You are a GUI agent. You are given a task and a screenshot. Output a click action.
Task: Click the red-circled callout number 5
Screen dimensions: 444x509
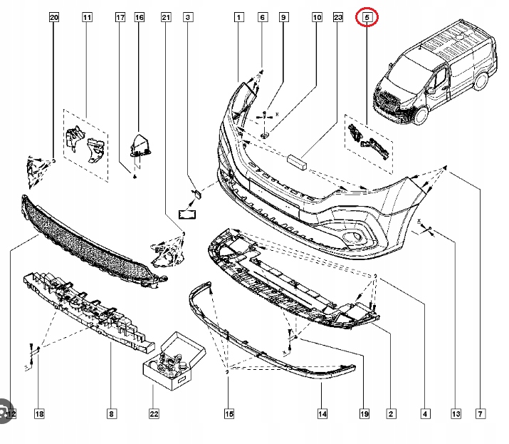click(367, 16)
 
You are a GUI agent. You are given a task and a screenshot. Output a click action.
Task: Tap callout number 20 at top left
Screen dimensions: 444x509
click(53, 16)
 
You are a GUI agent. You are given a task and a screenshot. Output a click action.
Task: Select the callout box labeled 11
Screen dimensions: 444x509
click(87, 16)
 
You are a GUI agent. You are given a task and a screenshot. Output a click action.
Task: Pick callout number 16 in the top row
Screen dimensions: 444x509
click(139, 16)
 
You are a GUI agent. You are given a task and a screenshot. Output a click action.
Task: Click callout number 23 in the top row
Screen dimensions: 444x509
click(338, 16)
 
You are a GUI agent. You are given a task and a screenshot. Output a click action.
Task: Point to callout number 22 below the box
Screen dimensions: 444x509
click(154, 413)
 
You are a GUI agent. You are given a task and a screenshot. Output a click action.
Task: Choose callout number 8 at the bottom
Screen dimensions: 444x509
click(112, 413)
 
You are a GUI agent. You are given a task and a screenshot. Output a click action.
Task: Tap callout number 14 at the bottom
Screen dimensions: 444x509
click(322, 413)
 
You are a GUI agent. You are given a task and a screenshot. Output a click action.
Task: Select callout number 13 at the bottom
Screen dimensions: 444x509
click(456, 413)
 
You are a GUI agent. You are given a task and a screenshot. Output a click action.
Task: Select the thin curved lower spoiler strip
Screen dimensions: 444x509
click(271, 342)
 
